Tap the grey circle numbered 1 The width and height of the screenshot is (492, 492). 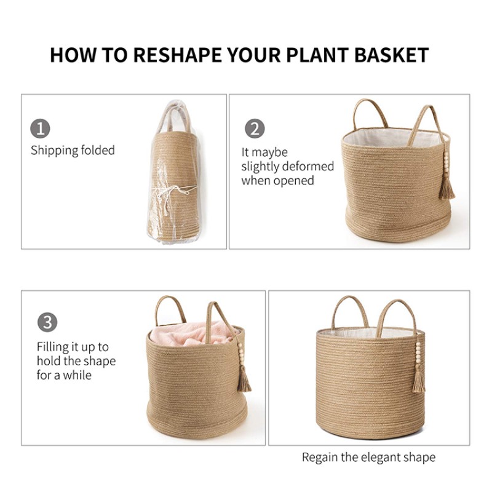[40, 129]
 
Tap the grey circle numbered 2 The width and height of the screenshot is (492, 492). [255, 129]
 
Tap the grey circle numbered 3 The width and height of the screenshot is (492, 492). [47, 322]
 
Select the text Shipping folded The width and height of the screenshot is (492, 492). [73, 150]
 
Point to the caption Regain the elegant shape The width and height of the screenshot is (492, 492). [368, 457]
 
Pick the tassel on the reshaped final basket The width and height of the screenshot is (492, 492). [419, 381]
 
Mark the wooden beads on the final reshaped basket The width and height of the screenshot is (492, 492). [419, 357]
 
